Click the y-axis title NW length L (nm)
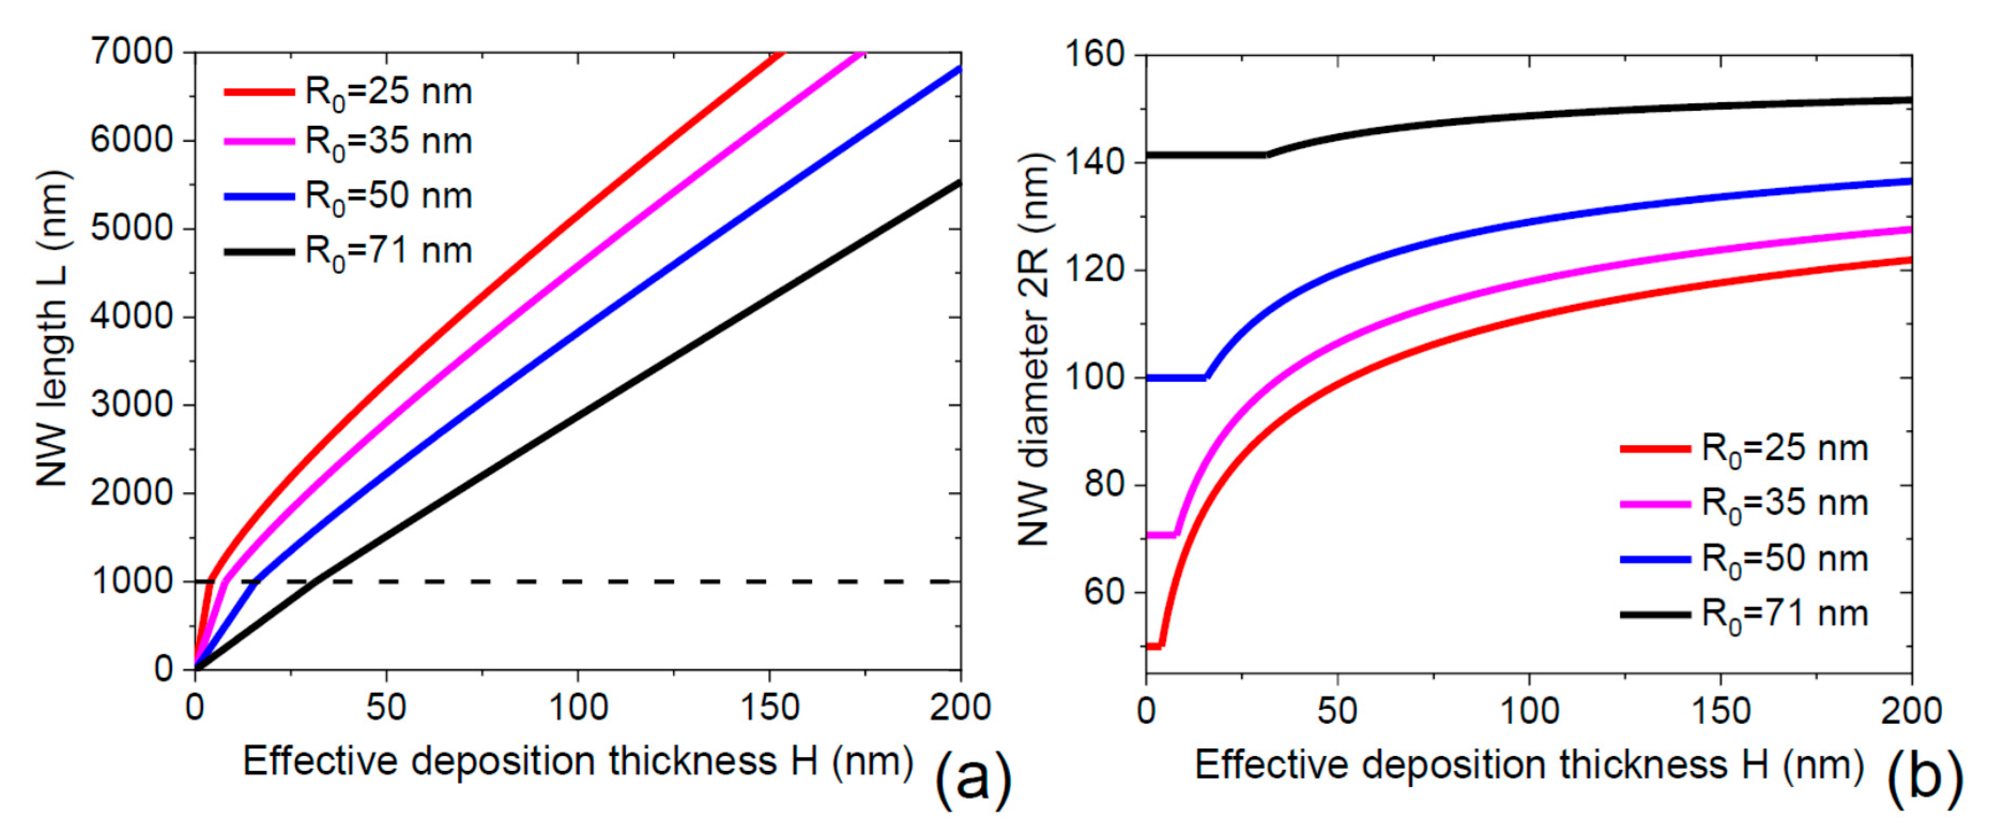pos(55,327)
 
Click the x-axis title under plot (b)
pos(1528,765)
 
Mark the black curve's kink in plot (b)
pos(1266,155)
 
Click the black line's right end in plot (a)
pos(959,182)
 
